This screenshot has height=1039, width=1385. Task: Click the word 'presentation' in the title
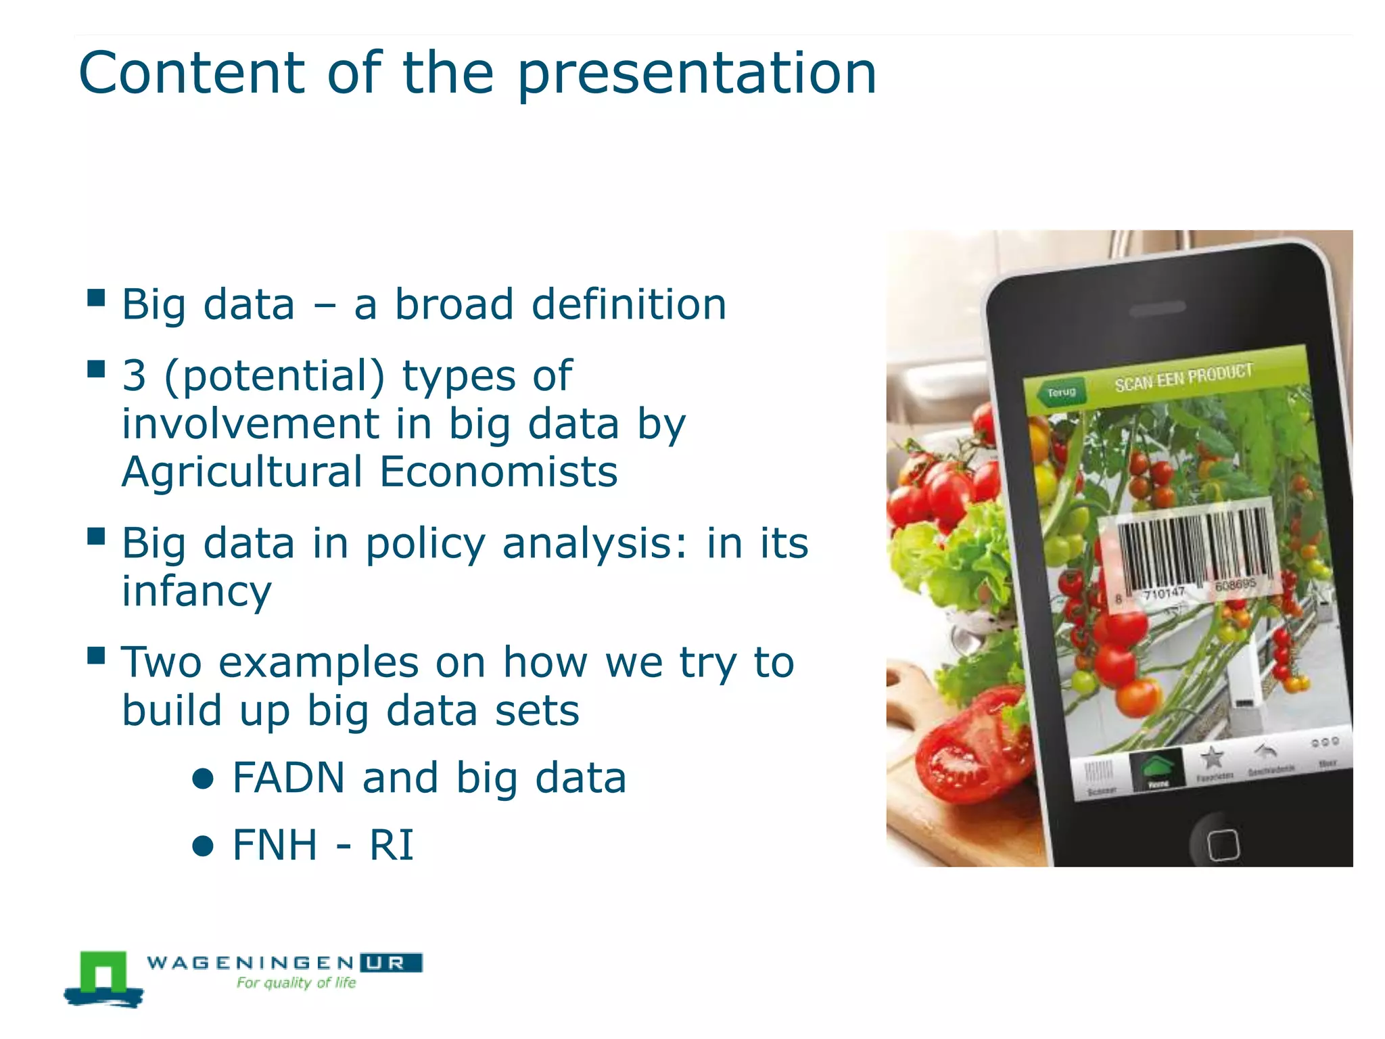tap(697, 74)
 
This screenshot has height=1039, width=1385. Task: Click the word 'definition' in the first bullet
tap(629, 304)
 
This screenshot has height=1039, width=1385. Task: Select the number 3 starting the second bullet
tap(134, 376)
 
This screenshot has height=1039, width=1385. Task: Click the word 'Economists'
tap(498, 472)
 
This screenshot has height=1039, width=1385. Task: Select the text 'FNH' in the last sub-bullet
tap(274, 846)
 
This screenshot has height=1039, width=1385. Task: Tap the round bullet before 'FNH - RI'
tap(203, 846)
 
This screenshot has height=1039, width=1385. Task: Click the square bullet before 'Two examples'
tap(96, 655)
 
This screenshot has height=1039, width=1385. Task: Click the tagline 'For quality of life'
tap(296, 983)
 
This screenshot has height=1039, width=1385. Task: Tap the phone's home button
tap(1222, 844)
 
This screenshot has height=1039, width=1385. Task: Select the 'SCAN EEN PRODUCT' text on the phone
tap(1183, 377)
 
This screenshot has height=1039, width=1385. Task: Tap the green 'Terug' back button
tap(1060, 392)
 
